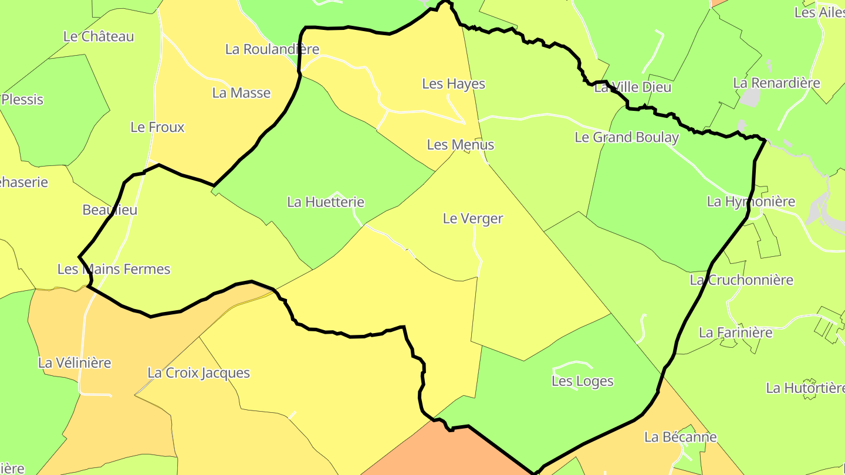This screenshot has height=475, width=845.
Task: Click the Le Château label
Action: [99, 36]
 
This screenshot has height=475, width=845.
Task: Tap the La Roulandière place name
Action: [272, 49]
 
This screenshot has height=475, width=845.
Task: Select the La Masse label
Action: [241, 93]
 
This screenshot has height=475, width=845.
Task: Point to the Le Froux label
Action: [157, 127]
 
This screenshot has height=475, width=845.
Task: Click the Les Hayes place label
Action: [454, 84]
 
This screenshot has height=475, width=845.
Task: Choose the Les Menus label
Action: [460, 145]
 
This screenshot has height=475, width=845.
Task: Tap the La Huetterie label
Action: [326, 202]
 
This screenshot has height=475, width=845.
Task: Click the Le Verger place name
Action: [472, 219]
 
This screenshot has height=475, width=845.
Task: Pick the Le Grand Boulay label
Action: [627, 138]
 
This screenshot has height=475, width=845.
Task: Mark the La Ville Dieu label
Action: [633, 88]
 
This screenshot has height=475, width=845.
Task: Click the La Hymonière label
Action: [751, 202]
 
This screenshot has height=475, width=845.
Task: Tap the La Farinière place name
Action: [735, 333]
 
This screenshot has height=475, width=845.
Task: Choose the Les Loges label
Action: [582, 382]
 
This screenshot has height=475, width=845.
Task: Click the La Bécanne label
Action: [680, 437]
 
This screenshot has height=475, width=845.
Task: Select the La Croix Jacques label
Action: [198, 373]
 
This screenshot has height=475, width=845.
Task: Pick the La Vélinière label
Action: [75, 363]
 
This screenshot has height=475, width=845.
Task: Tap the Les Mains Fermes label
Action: [114, 269]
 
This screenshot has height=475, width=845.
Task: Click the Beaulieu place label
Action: [110, 210]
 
